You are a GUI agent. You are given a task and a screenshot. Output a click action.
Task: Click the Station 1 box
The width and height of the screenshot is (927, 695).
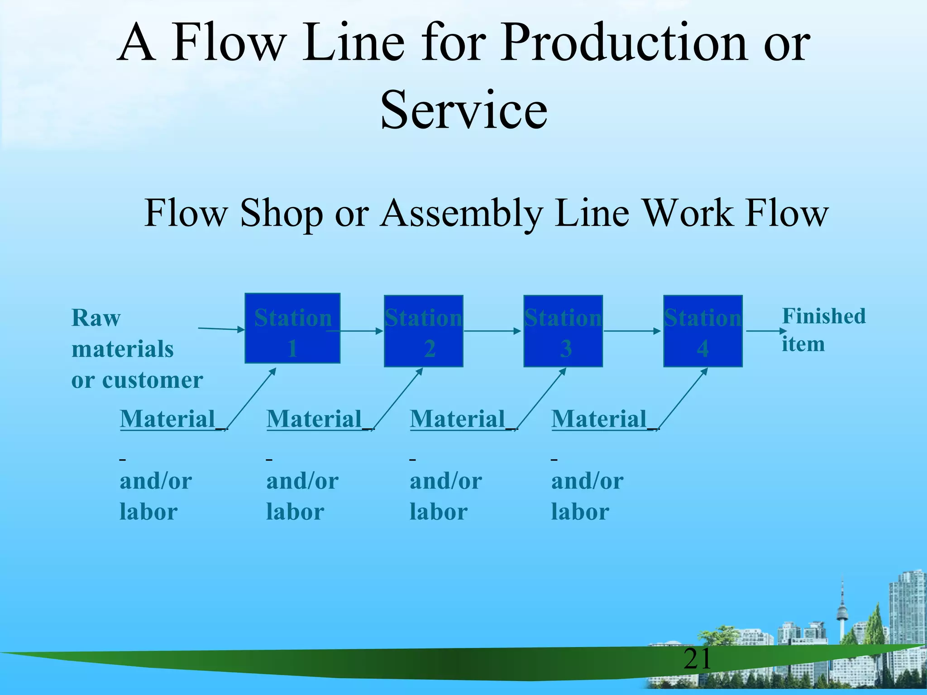coord(292,328)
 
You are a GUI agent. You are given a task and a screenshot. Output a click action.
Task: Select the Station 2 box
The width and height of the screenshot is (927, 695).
coord(423,331)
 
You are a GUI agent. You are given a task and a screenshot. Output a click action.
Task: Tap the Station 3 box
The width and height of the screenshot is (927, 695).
coord(563,331)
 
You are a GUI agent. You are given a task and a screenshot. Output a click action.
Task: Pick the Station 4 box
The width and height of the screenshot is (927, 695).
coord(702,331)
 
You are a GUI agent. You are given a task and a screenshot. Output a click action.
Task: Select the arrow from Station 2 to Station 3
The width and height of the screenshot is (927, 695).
coord(492,331)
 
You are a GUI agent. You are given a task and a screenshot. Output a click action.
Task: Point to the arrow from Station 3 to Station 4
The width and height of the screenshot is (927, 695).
coord(632,331)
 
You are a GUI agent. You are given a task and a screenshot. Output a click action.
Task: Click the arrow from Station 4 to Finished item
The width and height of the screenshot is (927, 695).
coord(765,331)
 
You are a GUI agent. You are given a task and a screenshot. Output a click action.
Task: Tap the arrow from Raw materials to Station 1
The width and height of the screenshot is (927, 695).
coord(221,329)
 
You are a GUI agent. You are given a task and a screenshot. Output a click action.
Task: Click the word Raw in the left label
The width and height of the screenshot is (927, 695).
coord(96,318)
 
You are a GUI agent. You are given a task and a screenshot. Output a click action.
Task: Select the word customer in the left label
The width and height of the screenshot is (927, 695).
coord(153,380)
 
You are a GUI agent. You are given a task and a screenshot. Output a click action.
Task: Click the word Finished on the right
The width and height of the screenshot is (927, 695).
coord(824,316)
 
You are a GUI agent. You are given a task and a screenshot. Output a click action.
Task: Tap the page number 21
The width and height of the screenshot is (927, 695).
coord(697,659)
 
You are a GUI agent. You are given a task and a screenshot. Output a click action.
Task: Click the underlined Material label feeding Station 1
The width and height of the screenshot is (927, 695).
coord(167,419)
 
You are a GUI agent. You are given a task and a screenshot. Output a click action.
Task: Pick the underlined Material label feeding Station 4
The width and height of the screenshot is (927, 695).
coord(599,419)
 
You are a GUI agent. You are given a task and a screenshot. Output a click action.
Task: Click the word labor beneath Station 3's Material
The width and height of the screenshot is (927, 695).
coord(438,512)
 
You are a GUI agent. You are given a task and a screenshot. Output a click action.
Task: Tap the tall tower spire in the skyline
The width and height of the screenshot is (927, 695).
coord(842,606)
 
